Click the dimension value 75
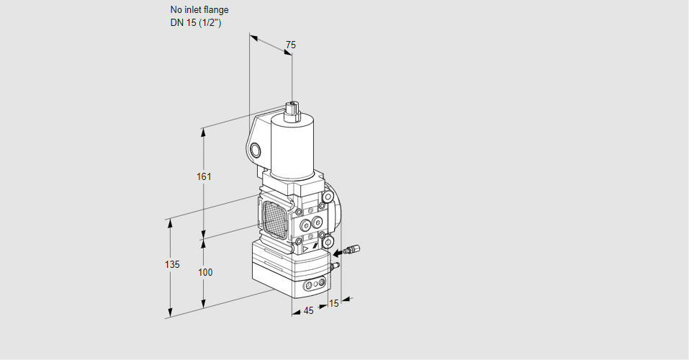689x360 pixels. [x=290, y=45]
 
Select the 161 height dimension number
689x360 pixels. [x=204, y=176]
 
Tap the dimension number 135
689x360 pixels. [x=172, y=264]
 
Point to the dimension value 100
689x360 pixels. [x=204, y=272]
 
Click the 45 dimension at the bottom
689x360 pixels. [x=308, y=310]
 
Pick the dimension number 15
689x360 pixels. [x=333, y=303]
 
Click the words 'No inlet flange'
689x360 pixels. [x=199, y=9]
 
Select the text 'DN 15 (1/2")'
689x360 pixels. [x=196, y=23]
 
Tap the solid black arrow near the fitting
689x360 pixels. [x=338, y=253]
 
